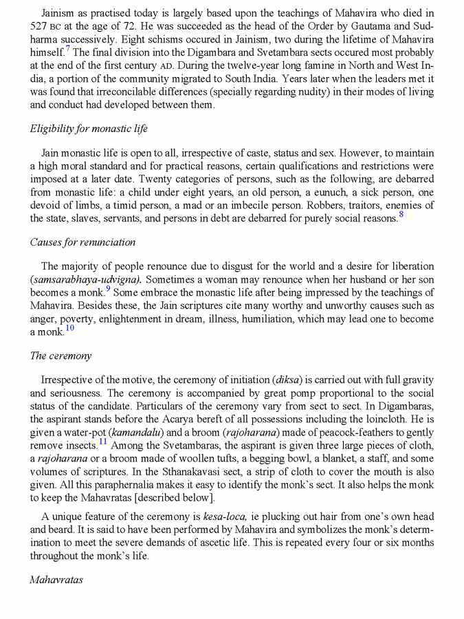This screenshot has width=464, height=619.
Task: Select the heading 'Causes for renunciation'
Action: click(x=82, y=242)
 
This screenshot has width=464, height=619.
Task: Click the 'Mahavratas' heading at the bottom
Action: click(x=56, y=580)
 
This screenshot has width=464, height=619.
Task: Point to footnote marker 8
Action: click(x=401, y=215)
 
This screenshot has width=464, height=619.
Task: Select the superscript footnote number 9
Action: click(x=108, y=290)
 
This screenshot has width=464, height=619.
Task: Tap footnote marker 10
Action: click(x=69, y=327)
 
